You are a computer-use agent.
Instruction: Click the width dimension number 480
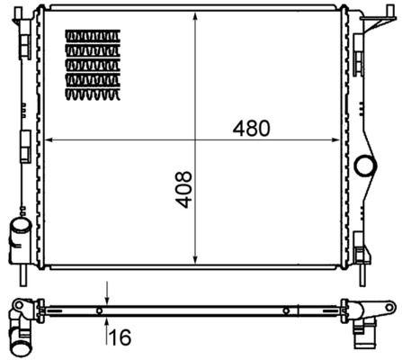point(251,128)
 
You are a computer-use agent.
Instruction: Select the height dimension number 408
point(183,191)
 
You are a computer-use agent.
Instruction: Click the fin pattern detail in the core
point(91,61)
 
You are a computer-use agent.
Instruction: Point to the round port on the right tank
point(365,166)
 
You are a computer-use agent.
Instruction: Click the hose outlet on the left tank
point(19,237)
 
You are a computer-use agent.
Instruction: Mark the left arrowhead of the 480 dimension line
point(49,139)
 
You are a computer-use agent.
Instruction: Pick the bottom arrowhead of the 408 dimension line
point(196,262)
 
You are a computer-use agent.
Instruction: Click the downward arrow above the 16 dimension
point(107,299)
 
